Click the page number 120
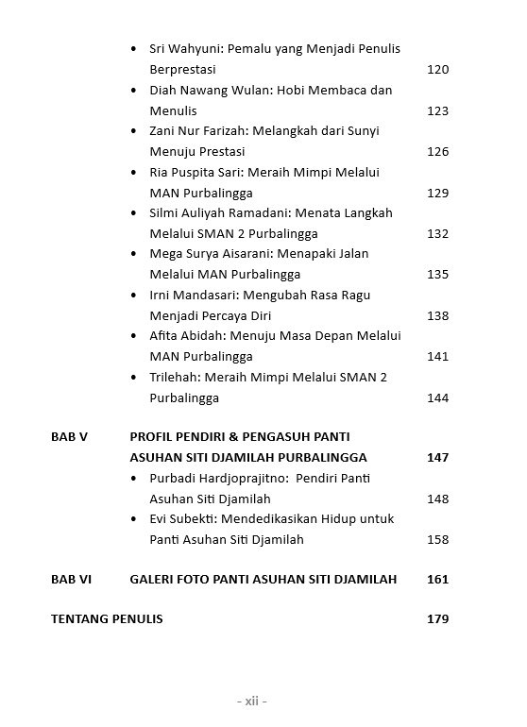437,70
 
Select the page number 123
437,111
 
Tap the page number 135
437,275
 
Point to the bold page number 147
437,458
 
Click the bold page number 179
437,619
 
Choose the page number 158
437,540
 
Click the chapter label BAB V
69,437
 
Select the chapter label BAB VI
71,579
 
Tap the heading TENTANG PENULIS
107,619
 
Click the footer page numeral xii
251,701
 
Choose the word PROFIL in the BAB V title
151,437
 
